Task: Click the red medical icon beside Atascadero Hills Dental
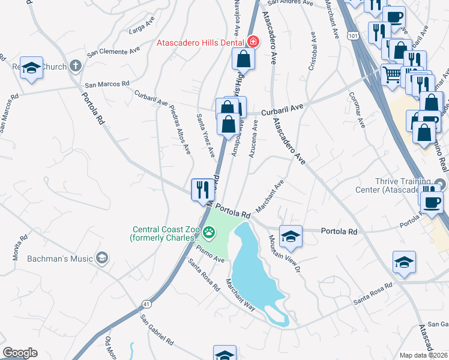pos(253,42)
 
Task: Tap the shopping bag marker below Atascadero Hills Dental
pos(244,59)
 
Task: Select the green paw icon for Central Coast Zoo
pos(209,232)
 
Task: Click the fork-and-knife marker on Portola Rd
pos(202,190)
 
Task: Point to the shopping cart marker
pos(391,75)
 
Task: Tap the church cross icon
pos(76,65)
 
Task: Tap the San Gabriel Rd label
pos(157,330)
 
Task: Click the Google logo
pos(20,353)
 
